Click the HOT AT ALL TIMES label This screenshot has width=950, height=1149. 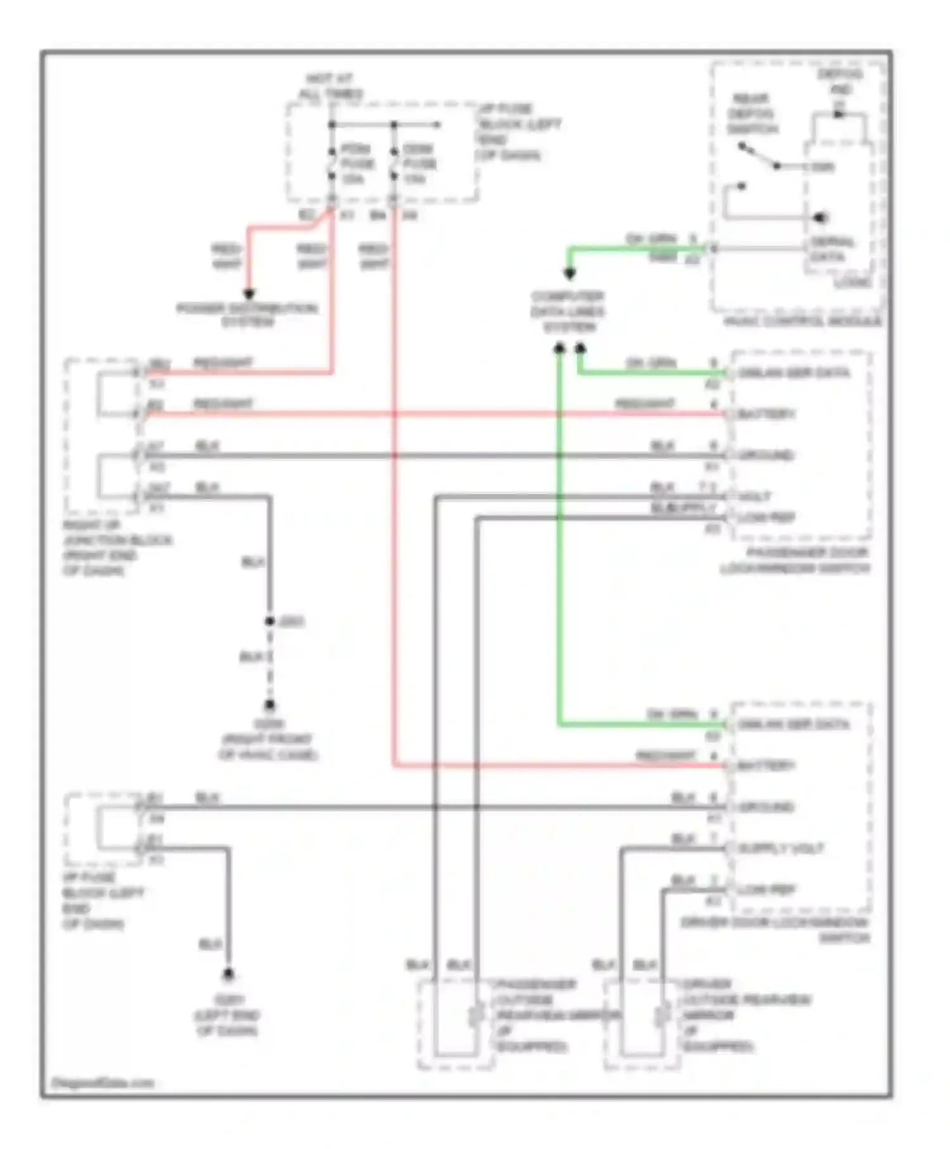331,86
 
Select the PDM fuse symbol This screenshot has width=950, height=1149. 331,163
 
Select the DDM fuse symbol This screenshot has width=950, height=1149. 393,163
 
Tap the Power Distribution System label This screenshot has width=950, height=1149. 248,315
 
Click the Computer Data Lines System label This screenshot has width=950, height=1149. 568,312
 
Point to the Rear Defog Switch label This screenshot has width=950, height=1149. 751,114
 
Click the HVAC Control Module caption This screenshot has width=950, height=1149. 802,321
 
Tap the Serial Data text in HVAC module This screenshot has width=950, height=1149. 832,250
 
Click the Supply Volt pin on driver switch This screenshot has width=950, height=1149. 781,849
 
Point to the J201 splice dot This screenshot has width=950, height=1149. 270,621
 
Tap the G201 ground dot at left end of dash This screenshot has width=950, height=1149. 228,974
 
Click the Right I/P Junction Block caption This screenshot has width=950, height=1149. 117,548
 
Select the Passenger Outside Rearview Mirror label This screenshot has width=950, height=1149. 535,1015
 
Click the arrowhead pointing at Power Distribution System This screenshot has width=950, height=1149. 249,295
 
